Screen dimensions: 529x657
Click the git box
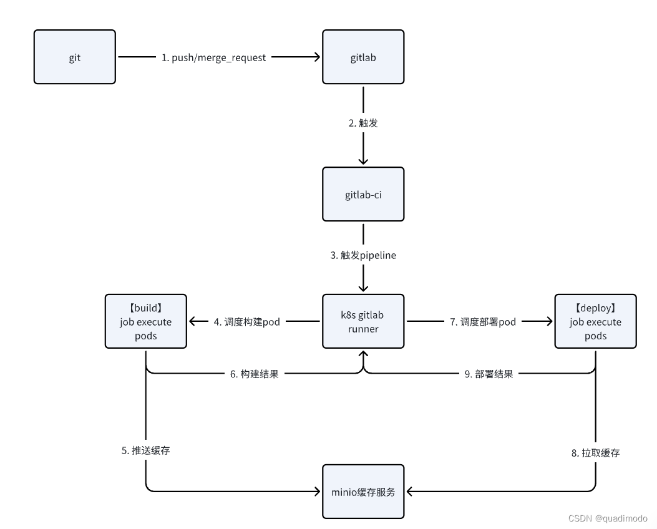click(x=74, y=57)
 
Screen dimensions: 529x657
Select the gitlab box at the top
click(x=363, y=57)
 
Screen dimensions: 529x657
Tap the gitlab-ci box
click(x=363, y=194)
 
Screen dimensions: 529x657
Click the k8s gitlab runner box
click(x=363, y=321)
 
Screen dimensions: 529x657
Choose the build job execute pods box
click(x=145, y=321)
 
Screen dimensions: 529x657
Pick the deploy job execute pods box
click(x=595, y=321)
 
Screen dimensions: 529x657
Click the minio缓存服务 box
click(x=363, y=492)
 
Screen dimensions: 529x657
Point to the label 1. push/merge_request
click(x=213, y=57)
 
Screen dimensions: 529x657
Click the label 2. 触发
click(x=363, y=123)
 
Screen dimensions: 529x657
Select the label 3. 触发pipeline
click(x=363, y=255)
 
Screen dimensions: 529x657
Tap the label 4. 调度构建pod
click(x=246, y=322)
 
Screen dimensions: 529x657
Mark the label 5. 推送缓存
click(x=145, y=450)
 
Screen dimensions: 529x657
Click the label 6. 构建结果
click(x=255, y=374)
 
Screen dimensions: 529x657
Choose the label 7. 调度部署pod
click(x=483, y=322)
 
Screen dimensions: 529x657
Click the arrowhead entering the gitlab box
click(x=317, y=57)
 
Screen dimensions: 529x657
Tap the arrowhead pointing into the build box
click(x=193, y=321)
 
